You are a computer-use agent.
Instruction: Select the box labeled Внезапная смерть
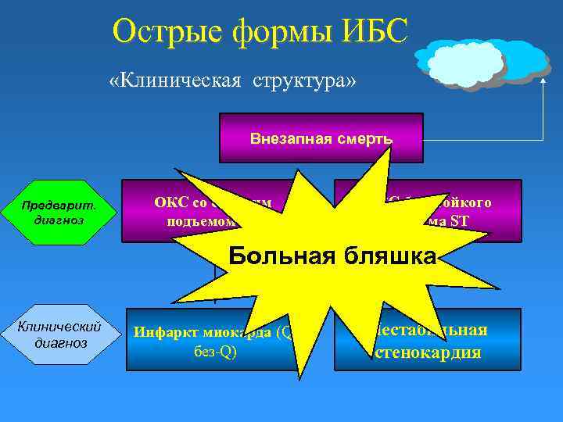pos(321,138)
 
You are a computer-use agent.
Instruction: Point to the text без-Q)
pos(214,351)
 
